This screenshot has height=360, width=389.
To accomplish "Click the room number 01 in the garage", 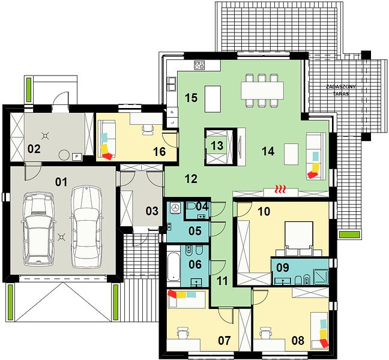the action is pos(61,182).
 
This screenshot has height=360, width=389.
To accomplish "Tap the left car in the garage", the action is pos(38,230).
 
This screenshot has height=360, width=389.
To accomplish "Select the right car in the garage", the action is pos(86,227).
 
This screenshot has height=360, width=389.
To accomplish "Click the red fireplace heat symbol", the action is pos(280,189).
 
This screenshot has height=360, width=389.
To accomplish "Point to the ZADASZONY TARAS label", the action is pos(340,90).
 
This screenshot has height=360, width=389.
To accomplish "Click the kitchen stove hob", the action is pos(199,65).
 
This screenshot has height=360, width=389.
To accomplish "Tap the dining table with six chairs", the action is pos(262,91).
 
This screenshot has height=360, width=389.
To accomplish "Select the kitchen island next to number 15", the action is pos(213,99).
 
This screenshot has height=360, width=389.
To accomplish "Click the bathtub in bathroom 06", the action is pos(173,266).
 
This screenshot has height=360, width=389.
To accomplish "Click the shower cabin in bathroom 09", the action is pos(321,277).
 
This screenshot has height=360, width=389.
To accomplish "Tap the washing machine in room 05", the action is pos(176,208).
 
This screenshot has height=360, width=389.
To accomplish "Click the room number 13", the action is pos(217,146).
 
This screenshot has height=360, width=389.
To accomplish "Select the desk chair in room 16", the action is pos(148,130).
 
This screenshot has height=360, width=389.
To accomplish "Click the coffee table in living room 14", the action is pos(291,154).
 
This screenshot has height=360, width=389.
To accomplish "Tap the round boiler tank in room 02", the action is pos(64,155).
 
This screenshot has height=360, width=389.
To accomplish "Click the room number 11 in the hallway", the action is pos(222,281).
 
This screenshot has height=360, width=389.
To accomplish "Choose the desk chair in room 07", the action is pos(183,332).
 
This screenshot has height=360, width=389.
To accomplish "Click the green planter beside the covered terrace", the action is pos(349,235).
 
